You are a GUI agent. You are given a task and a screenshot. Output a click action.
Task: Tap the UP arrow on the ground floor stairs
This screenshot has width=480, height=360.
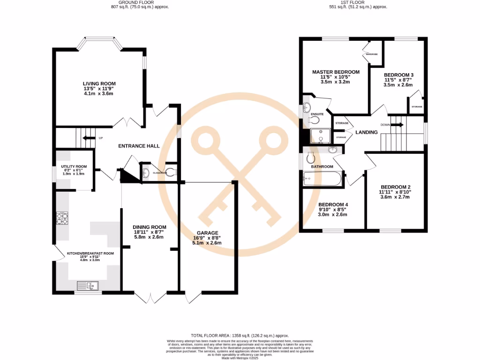point(88,138)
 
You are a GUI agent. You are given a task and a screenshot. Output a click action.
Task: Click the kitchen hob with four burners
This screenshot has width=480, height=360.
point(62,218)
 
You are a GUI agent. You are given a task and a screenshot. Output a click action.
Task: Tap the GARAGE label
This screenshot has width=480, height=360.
point(207,232)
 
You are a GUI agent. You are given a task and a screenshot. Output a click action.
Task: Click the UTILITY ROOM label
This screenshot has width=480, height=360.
point(74,166)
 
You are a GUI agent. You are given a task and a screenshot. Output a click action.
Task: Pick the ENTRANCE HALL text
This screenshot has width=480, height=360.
point(139,146)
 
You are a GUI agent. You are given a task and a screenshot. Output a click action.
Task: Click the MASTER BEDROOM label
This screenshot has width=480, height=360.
point(336,72)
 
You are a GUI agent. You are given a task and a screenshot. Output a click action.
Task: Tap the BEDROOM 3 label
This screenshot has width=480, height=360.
point(398,75)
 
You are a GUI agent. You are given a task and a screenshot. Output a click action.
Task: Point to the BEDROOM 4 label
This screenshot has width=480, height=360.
point(333,205)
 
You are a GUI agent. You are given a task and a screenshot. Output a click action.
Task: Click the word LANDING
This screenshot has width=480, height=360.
point(367,132)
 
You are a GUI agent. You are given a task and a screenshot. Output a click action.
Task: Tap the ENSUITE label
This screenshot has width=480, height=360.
point(323,114)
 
